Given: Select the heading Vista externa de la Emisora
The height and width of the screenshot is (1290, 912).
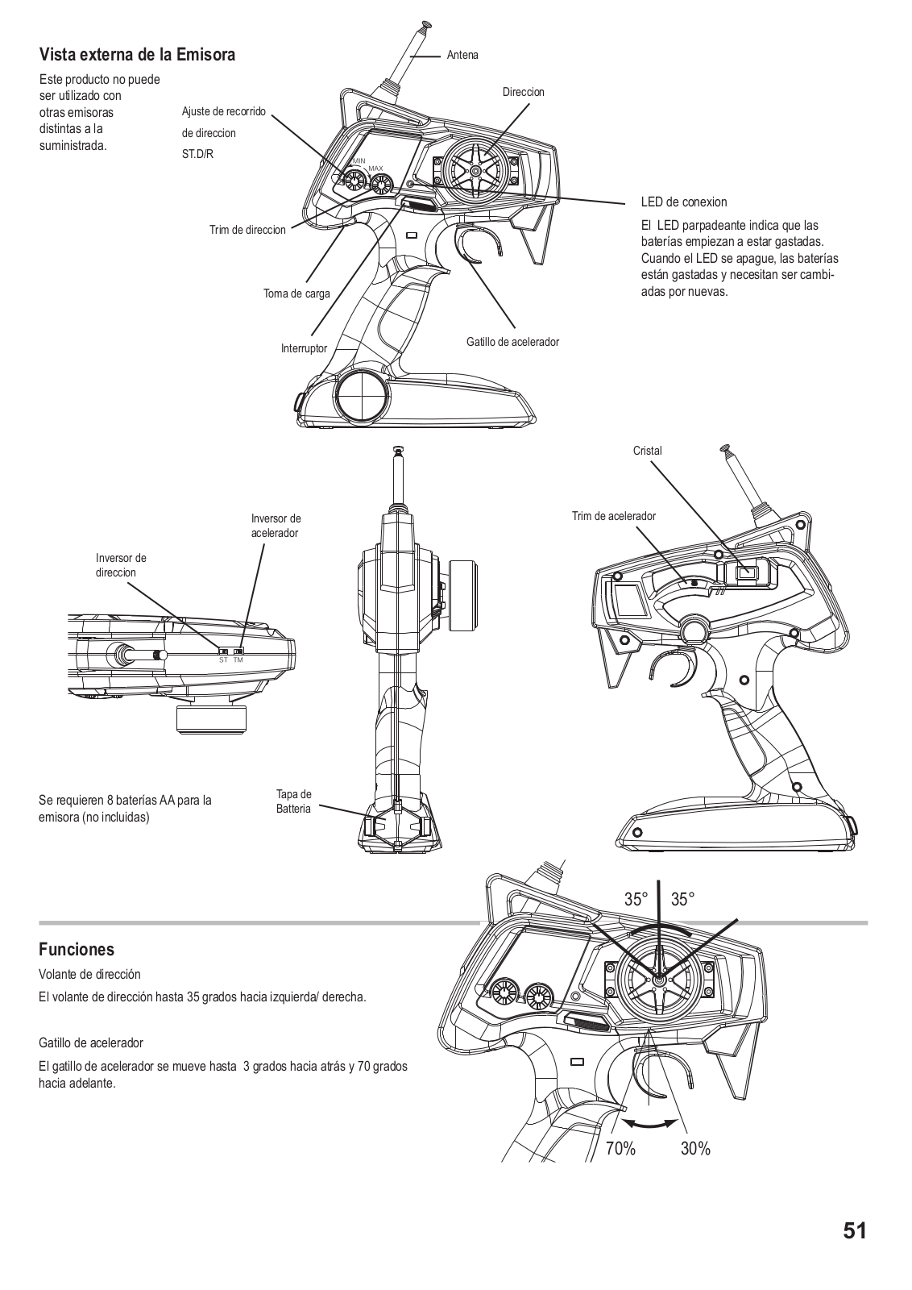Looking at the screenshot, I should point(137,55).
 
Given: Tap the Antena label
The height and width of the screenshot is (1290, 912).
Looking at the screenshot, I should point(462,55).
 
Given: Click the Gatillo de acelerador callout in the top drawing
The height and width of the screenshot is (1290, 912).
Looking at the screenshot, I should point(512,342).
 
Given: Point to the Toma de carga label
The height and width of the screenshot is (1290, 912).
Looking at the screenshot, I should point(296,293).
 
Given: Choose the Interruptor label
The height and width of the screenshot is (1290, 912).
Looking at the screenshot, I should point(304,348).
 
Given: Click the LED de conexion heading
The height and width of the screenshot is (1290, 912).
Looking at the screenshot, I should point(683,202).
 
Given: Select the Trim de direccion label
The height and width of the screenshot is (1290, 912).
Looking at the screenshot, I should point(247,230).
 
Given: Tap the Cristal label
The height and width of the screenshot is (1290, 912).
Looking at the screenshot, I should point(647,451).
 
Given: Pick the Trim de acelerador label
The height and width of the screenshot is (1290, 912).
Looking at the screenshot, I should point(614,516).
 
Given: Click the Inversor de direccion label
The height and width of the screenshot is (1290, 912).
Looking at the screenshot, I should point(121,565).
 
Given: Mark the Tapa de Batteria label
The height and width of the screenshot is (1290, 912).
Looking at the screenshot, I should point(293,801).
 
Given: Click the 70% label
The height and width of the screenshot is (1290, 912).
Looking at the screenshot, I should point(620,1149).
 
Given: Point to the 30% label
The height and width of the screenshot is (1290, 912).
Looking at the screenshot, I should point(695,1149).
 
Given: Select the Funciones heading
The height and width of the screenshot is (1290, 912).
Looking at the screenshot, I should point(77,949).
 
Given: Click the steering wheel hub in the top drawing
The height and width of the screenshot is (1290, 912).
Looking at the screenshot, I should point(475,171).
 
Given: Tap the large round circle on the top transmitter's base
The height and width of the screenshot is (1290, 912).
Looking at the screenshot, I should point(362,396).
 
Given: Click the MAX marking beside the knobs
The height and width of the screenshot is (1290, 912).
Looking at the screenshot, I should point(375,168).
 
